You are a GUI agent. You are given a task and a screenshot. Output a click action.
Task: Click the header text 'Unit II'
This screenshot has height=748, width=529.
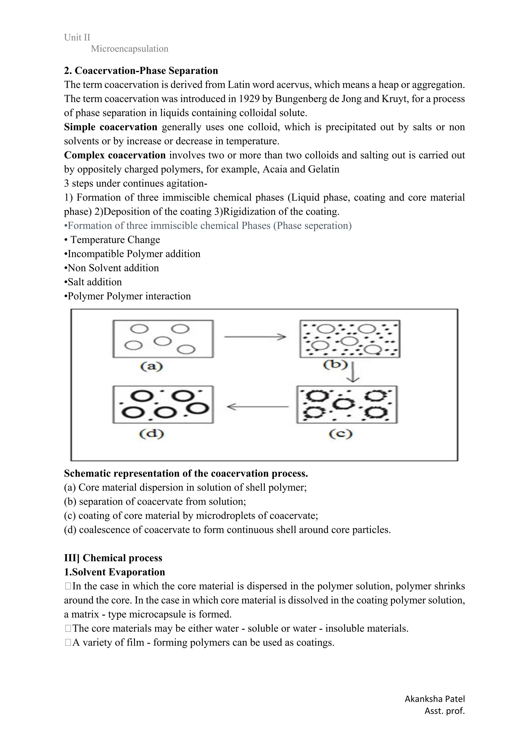77,37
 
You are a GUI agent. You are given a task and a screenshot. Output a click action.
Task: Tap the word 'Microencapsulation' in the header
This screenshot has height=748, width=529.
129,49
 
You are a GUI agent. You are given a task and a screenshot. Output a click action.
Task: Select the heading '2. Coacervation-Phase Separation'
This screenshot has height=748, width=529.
141,71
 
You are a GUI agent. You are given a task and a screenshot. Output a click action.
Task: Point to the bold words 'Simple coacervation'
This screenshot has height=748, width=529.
111,127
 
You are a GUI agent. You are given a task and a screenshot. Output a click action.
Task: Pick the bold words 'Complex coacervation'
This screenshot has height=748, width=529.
115,155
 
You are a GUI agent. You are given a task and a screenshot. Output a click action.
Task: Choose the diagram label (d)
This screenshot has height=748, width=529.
152,434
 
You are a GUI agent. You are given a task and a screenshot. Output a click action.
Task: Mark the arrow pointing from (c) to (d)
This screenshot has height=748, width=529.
258,407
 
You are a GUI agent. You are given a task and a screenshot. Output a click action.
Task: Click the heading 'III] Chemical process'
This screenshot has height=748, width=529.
113,558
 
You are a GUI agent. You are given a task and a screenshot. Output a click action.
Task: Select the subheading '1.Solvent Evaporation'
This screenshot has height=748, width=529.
114,572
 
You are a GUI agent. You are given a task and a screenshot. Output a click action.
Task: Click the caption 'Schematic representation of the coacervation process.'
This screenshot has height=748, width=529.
186,473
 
